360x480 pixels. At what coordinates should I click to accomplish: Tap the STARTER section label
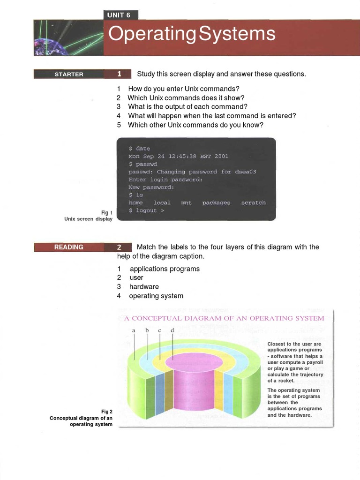click(69, 74)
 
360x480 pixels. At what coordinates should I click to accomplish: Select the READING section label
click(69, 247)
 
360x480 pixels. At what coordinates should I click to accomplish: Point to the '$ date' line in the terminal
click(139, 149)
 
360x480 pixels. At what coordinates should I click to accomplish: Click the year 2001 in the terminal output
click(221, 156)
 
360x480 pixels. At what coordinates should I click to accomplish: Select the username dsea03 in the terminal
click(246, 172)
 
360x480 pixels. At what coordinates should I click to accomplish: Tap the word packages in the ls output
click(216, 202)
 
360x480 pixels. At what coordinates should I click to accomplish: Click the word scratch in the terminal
click(253, 202)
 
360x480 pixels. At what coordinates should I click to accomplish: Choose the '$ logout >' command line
click(146, 210)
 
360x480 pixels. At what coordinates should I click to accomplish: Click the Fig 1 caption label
click(107, 212)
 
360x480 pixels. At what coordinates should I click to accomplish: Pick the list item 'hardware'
click(144, 286)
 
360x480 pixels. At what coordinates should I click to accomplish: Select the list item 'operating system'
click(156, 296)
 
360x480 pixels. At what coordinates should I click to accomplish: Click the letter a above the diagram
click(134, 330)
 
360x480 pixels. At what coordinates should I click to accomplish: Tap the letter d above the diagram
click(172, 330)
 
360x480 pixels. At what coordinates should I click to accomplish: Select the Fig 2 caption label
click(107, 412)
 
